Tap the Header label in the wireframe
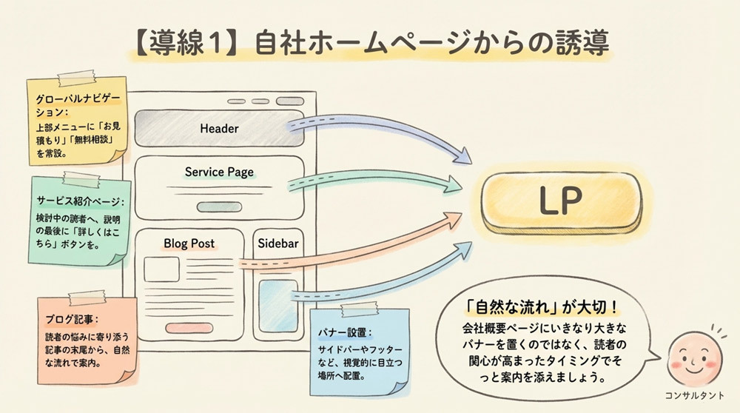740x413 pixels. [x=219, y=129]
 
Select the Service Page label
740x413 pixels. [x=219, y=172]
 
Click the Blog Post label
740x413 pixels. [x=189, y=243]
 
